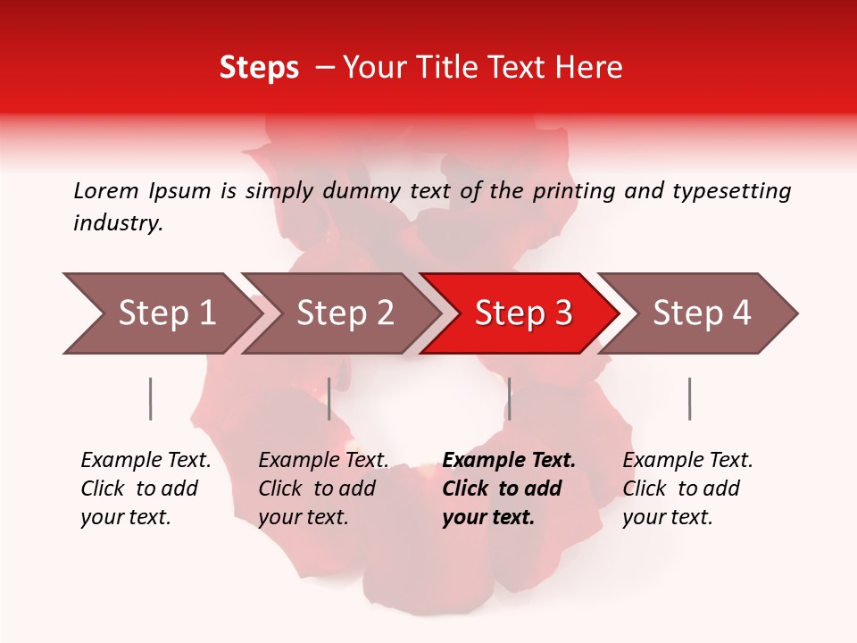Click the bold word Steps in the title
(259, 68)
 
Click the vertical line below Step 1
(150, 398)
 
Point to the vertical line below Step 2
(329, 398)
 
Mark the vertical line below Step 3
(509, 398)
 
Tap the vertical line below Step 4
(689, 398)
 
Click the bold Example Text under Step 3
(508, 489)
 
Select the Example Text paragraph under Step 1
(146, 489)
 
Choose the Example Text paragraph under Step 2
(323, 489)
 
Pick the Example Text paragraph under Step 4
(687, 489)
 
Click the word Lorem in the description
(106, 190)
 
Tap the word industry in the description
(118, 223)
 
